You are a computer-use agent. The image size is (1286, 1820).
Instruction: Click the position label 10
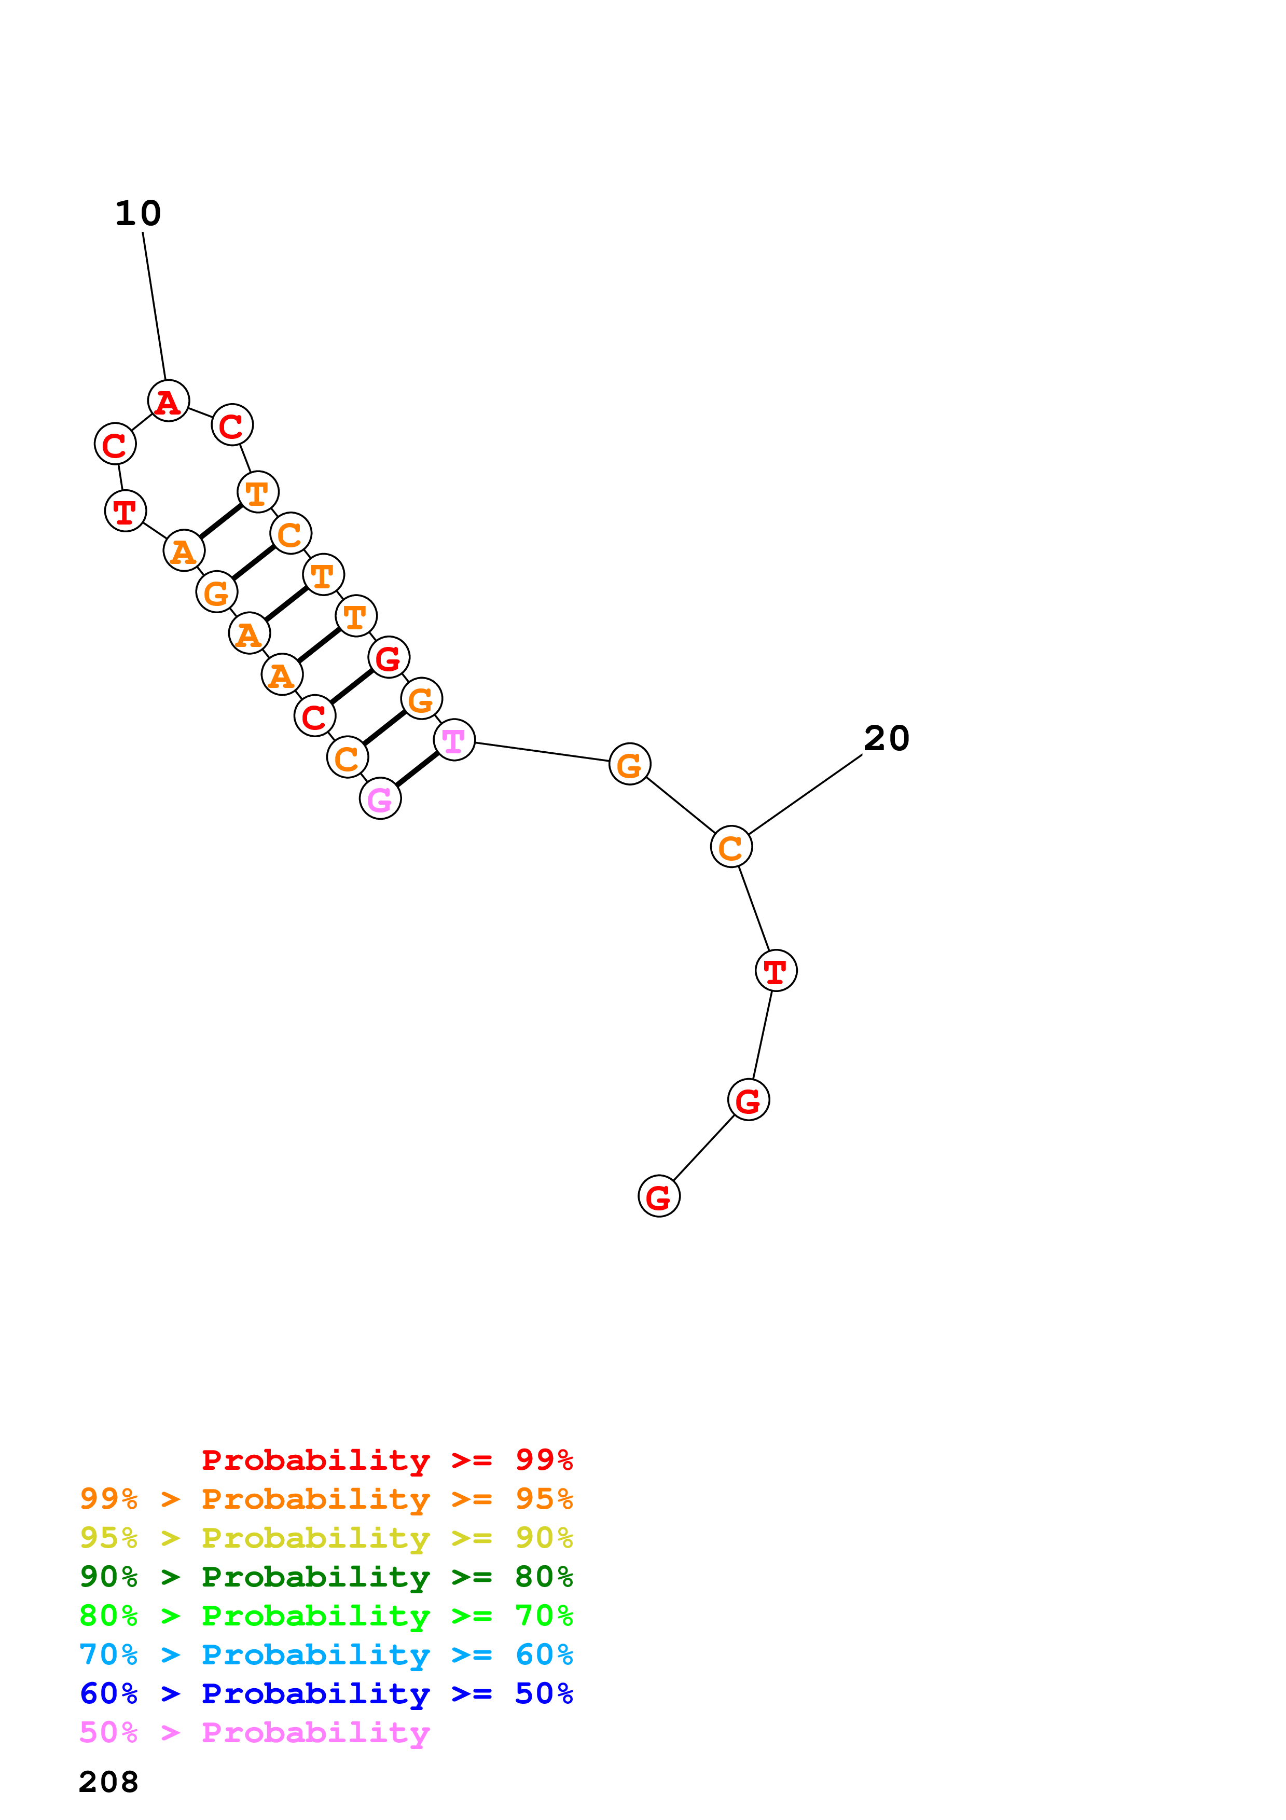click(x=138, y=213)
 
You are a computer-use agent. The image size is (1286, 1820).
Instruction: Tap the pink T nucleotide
click(x=454, y=740)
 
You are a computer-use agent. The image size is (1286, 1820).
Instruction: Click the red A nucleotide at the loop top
click(x=169, y=401)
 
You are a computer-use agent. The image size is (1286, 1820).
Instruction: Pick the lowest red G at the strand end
click(x=658, y=1196)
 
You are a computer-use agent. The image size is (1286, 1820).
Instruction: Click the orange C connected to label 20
click(x=730, y=847)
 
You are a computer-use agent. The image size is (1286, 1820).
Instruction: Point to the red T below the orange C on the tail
click(x=776, y=971)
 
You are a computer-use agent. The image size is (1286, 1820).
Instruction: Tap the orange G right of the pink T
click(x=630, y=765)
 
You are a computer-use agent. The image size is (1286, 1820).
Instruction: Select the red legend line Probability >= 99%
click(x=386, y=1459)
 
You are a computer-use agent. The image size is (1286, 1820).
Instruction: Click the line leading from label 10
click(x=155, y=305)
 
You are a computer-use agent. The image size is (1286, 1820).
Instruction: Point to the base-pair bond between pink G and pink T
click(x=417, y=770)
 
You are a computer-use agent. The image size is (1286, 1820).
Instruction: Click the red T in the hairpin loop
click(x=125, y=511)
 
